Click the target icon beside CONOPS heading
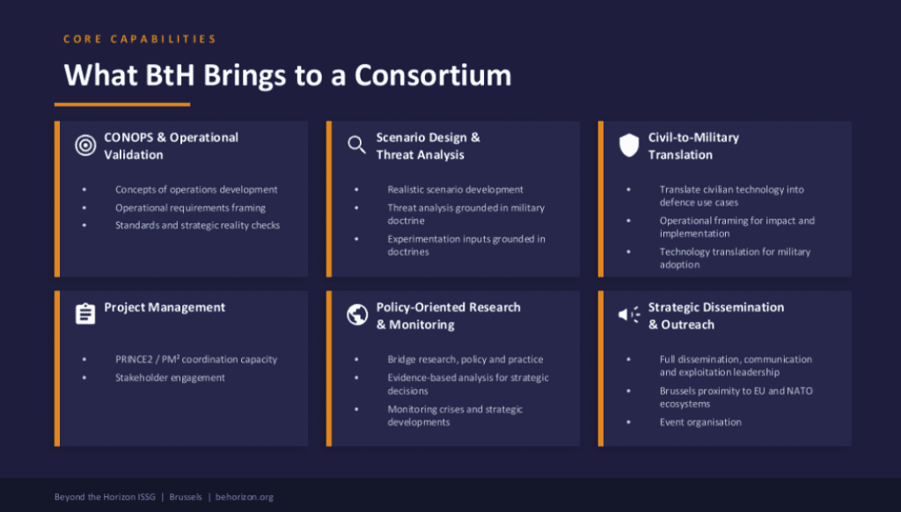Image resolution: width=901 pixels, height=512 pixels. tap(85, 146)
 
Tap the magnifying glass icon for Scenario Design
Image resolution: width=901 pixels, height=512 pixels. tap(356, 145)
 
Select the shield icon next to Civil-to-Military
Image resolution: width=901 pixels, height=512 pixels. tap(628, 146)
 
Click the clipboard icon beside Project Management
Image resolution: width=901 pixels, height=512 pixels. tap(85, 314)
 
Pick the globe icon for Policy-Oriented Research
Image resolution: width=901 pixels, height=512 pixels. tap(356, 315)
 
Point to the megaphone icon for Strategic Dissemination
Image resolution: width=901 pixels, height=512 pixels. tap(628, 315)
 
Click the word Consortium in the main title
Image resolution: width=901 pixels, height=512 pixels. tap(433, 76)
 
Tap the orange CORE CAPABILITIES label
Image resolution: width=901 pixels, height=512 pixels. tap(140, 40)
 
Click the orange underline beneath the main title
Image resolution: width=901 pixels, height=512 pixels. tap(122, 104)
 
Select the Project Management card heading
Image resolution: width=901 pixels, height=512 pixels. tap(165, 307)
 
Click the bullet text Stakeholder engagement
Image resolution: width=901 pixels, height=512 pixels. tap(170, 377)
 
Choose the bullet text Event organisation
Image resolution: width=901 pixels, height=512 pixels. tap(700, 422)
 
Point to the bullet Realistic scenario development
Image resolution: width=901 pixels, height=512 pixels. tap(455, 189)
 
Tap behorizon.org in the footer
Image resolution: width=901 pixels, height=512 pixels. tap(245, 497)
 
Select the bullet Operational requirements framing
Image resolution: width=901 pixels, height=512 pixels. tap(190, 208)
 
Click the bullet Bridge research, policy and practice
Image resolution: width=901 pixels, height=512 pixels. tap(465, 359)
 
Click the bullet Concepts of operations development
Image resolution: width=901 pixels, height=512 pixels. tap(196, 189)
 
